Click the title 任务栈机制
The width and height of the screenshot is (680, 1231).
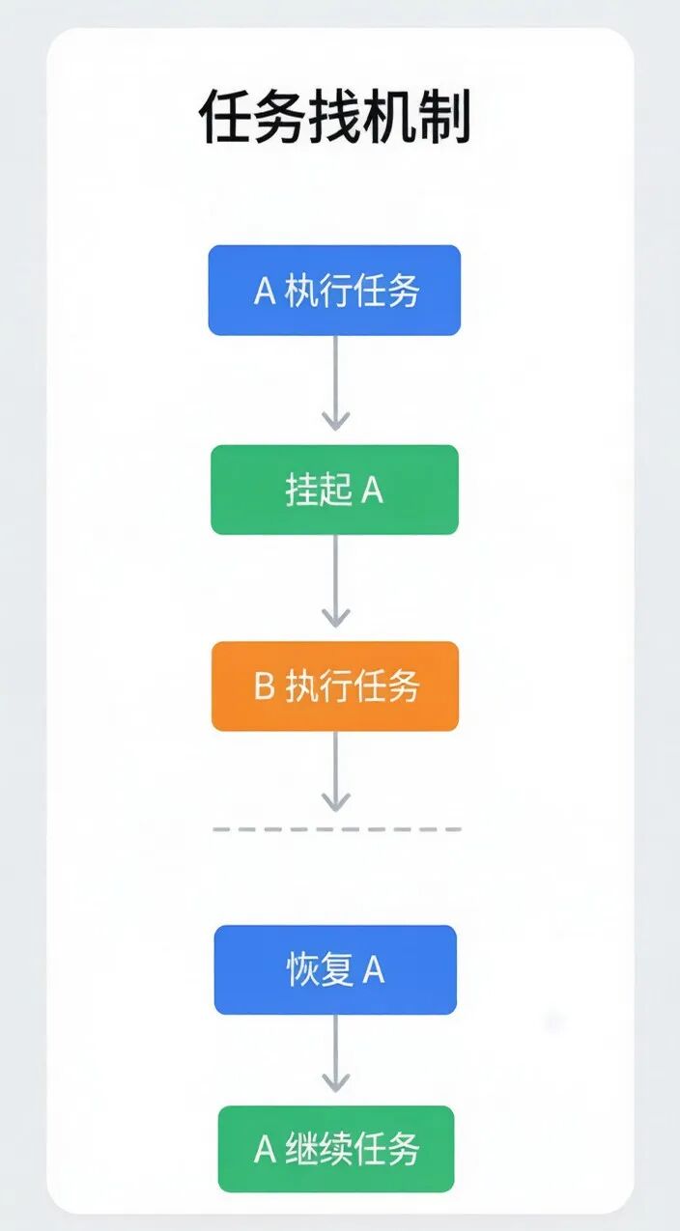[334, 117]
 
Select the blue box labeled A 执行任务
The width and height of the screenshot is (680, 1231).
[334, 291]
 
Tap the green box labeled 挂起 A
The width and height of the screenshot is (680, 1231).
[335, 490]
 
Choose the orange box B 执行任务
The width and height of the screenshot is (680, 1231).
[335, 685]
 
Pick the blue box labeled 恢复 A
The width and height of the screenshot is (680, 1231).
[335, 969]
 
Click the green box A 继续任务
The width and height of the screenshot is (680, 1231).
[336, 1149]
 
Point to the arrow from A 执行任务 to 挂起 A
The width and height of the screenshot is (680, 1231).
[335, 382]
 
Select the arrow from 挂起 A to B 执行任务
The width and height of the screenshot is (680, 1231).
[335, 581]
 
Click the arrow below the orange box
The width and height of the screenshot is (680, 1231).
[335, 771]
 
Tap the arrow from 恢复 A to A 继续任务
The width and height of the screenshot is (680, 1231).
[335, 1053]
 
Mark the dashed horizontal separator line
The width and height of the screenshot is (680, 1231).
[337, 828]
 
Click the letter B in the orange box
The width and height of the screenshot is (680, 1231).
[264, 686]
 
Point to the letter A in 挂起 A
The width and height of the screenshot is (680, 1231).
[372, 490]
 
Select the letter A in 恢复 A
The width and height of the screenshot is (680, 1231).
[373, 970]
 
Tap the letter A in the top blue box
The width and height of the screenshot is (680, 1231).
[265, 291]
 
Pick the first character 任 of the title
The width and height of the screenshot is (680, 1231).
[225, 117]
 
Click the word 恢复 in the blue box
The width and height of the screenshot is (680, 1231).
[320, 969]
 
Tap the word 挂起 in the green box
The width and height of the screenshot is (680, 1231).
[319, 490]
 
